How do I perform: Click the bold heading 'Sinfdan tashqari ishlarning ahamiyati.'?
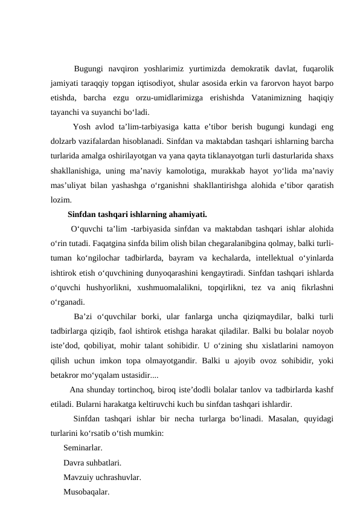(138, 215)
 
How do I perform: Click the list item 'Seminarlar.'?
(83, 449)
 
